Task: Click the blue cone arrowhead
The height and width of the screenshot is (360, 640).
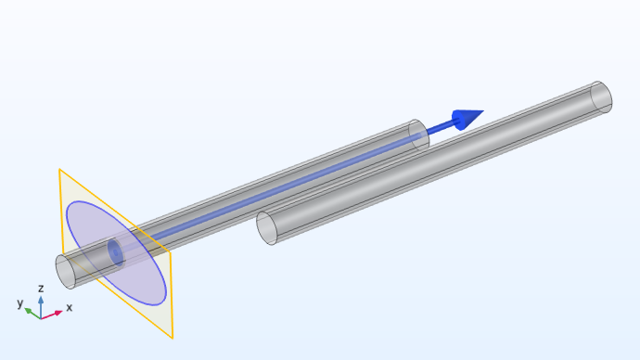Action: pos(466,119)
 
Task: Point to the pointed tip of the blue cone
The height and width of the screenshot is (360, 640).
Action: pos(484,110)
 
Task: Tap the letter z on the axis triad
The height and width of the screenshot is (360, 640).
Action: pos(41,289)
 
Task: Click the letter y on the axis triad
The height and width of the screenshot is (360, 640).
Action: pos(20,303)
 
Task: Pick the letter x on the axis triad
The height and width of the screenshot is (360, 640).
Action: pos(69,307)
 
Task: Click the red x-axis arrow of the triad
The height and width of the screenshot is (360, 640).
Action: pos(52,315)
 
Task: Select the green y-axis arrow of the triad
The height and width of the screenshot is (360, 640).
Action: pos(32,314)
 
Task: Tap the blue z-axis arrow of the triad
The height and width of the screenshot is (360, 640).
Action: pos(41,307)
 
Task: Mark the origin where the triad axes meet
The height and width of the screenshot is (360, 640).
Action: pos(41,318)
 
